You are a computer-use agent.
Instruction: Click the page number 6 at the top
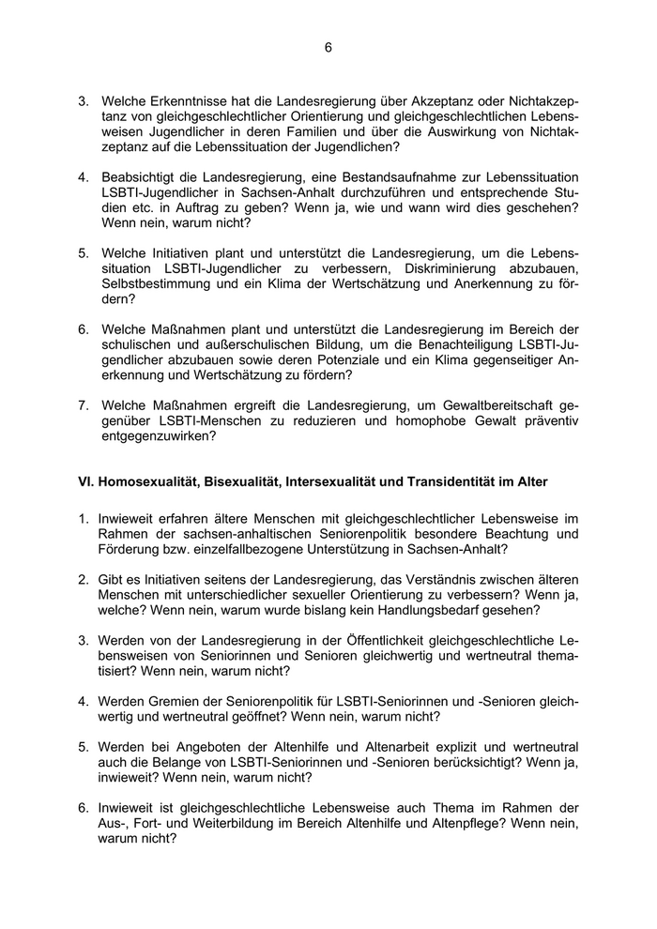click(328, 47)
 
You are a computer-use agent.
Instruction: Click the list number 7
click(83, 405)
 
